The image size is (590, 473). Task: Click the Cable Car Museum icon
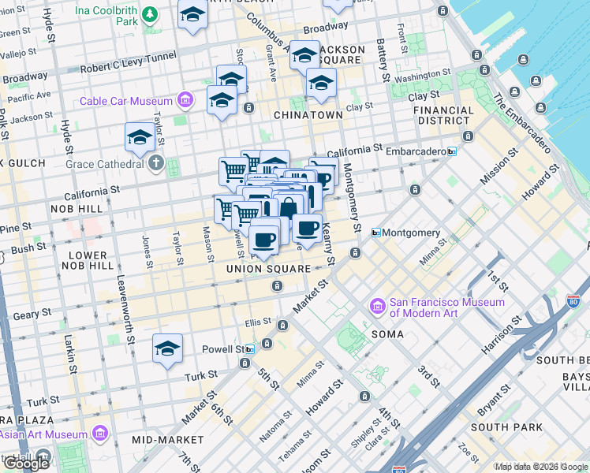click(x=185, y=100)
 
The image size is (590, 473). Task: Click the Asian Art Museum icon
click(x=99, y=434)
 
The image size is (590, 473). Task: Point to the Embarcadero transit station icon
click(x=452, y=151)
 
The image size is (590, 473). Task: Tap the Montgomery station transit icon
click(x=376, y=233)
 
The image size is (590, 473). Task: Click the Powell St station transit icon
click(x=250, y=349)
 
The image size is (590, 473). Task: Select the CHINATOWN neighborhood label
click(x=308, y=115)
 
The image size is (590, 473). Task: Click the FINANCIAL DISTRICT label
click(x=444, y=115)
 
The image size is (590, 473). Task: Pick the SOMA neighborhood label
click(x=387, y=334)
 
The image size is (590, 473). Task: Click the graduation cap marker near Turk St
click(x=167, y=349)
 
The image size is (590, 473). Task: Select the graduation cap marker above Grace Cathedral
click(x=140, y=138)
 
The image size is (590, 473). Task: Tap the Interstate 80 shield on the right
click(x=573, y=301)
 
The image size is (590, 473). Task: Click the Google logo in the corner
click(x=25, y=463)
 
